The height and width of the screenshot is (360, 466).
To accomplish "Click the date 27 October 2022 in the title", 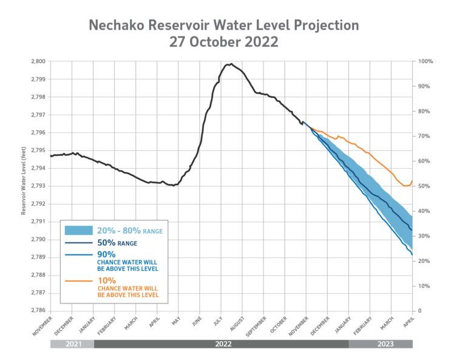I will coord(224,42).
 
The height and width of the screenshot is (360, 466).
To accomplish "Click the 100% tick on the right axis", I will coord(424,61).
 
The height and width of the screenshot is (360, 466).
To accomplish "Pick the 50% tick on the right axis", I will coord(423,186).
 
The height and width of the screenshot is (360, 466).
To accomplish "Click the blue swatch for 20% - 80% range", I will coord(78,230).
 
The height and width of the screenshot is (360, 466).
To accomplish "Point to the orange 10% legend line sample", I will coord(78,282).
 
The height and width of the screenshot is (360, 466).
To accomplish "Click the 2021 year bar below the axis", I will coord(72,344).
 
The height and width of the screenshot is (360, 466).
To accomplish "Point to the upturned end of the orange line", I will coord(412,180).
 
